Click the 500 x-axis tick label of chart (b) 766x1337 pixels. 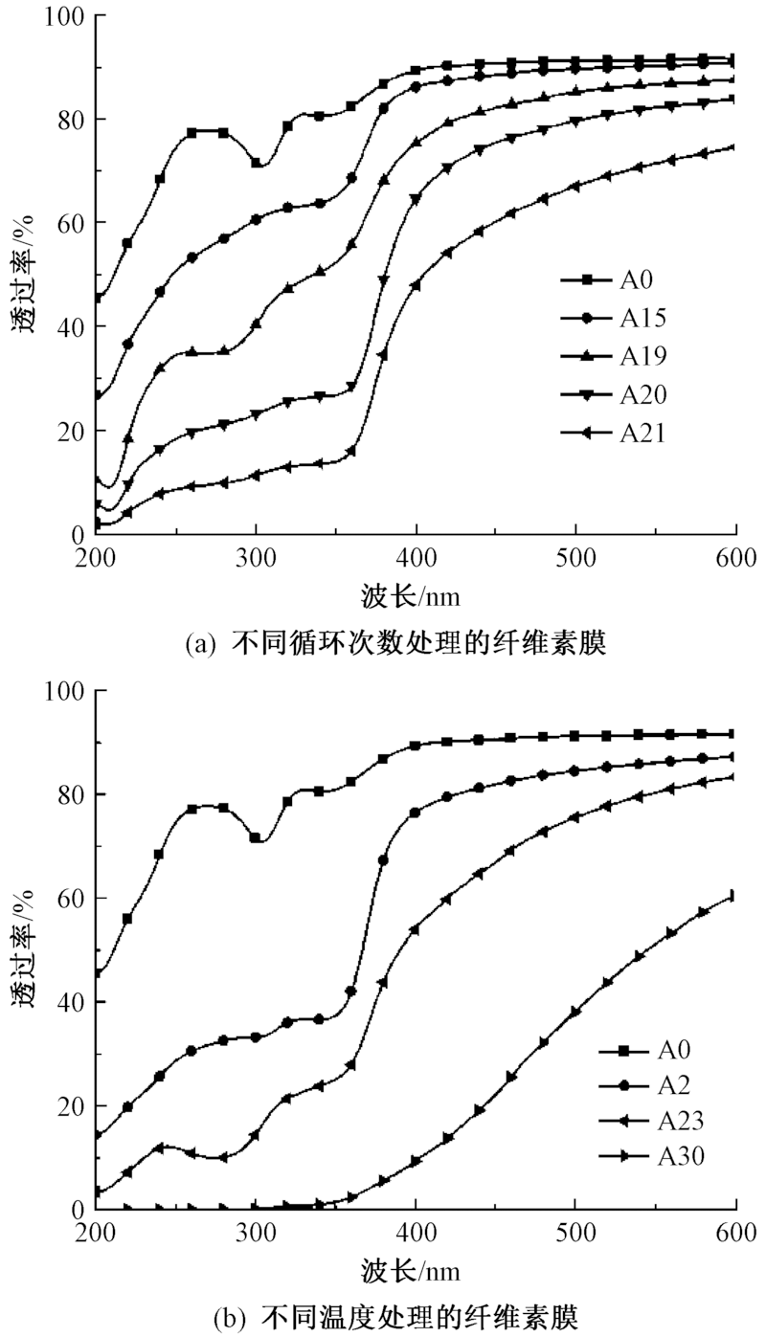574,1231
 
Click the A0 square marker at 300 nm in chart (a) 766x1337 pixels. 256,163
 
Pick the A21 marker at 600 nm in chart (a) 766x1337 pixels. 733,147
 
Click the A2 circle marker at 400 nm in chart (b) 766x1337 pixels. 416,813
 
